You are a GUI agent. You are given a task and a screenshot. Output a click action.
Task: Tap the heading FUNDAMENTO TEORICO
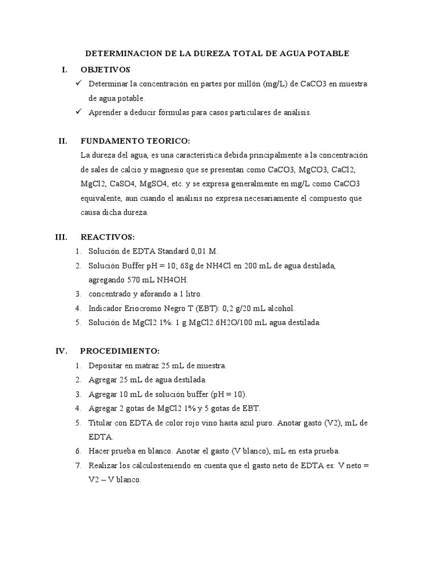coord(135,141)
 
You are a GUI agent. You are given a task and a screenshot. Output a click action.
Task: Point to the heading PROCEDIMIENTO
coord(120,351)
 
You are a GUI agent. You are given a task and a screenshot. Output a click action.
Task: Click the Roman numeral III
coord(61,237)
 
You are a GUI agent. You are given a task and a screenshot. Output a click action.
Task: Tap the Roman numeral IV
coord(61,351)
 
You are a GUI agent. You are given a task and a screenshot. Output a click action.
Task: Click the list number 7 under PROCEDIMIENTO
coord(78,465)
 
